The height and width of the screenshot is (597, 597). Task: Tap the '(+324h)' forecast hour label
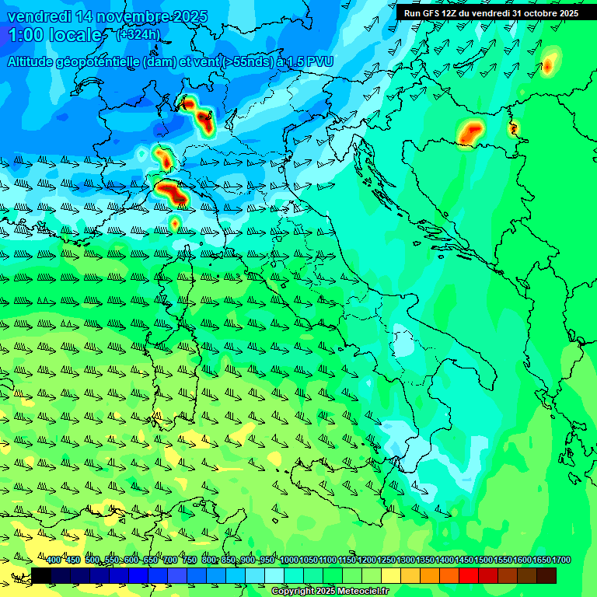click(x=138, y=34)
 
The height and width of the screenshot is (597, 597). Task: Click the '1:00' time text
click(x=25, y=35)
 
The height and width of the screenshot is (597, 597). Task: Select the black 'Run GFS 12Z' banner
click(x=496, y=12)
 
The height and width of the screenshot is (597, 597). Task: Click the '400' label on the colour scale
click(x=53, y=560)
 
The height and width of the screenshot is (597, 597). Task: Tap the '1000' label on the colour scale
click(x=288, y=560)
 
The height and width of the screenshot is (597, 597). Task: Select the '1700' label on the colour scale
click(x=560, y=560)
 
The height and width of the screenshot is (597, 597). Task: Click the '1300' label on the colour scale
click(x=405, y=560)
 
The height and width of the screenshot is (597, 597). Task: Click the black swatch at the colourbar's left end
click(x=41, y=575)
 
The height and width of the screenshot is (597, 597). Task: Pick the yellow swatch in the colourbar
click(x=391, y=575)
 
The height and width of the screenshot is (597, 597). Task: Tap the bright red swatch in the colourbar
click(x=469, y=575)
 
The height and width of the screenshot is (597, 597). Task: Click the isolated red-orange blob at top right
click(x=549, y=64)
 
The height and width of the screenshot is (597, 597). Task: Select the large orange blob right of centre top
click(x=470, y=133)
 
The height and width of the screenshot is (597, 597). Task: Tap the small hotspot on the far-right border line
click(x=513, y=129)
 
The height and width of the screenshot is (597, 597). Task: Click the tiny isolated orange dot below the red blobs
click(x=175, y=224)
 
